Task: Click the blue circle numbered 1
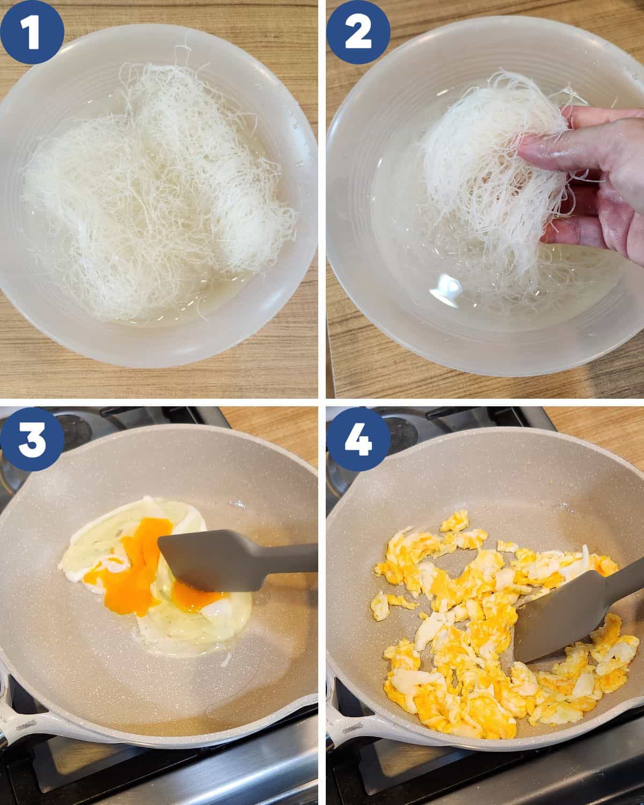(x=32, y=32)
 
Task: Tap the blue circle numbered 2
(x=358, y=32)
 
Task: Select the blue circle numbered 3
(x=32, y=439)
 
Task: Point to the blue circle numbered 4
(x=358, y=439)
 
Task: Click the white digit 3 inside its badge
(x=32, y=439)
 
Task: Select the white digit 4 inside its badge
(x=358, y=439)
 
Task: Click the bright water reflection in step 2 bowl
(x=447, y=288)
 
